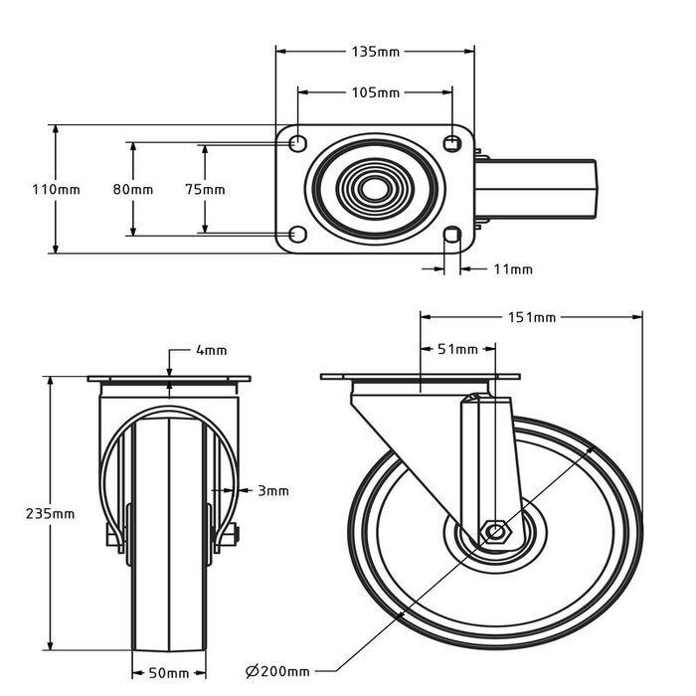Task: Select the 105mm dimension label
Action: (376, 92)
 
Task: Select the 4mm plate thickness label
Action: (211, 350)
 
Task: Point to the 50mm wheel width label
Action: (169, 673)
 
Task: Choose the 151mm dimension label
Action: (532, 317)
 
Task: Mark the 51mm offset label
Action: (458, 349)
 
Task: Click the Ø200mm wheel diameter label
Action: (276, 673)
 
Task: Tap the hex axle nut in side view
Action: (495, 532)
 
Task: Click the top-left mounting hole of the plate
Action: (297, 143)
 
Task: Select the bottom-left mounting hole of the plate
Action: (297, 235)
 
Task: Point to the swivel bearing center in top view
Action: (375, 189)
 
